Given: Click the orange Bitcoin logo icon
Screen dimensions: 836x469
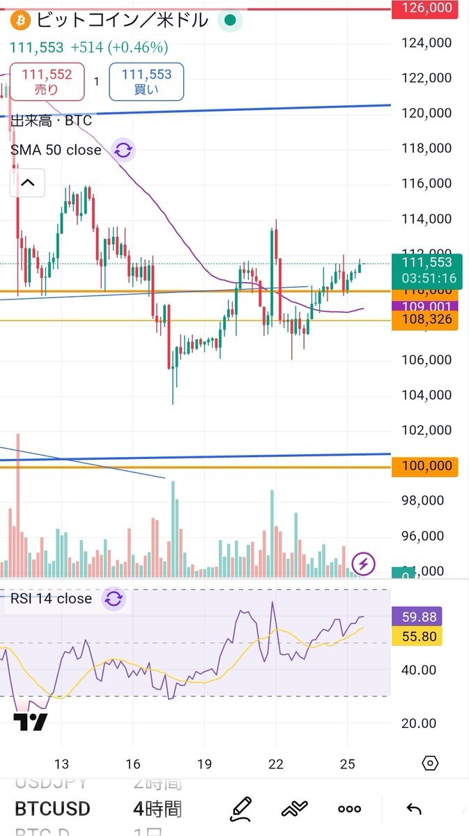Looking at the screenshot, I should point(19,20).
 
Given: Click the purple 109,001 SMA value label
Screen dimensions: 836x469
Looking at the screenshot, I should point(422,307).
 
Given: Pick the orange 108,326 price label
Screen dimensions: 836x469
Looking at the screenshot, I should point(422,320).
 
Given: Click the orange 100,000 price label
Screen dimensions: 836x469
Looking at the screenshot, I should point(422,466).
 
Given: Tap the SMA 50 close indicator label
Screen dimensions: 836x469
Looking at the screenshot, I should point(56,150).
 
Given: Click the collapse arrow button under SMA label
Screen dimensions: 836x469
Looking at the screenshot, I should point(27,183).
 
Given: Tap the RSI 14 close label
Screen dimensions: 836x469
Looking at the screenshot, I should point(50,598).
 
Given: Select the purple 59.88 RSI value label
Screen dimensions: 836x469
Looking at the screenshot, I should point(417,617).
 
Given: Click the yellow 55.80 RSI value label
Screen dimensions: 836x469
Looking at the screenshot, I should point(417,635).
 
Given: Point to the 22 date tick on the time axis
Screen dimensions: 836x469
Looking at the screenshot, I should point(276,763).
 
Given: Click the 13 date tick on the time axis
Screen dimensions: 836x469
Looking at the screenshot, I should point(62,763).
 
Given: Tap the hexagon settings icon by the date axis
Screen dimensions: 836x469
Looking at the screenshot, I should point(430,763).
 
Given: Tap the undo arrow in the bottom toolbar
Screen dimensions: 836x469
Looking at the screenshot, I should point(414,809).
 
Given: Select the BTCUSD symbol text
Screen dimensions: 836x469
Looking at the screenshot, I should point(53,809).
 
